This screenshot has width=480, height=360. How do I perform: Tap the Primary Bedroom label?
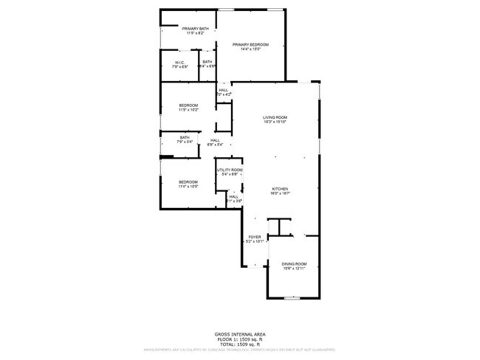point(250,45)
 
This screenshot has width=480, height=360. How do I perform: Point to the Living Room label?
point(275,117)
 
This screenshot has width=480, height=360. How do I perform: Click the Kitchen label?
point(279,188)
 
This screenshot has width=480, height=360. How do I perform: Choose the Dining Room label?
point(294,264)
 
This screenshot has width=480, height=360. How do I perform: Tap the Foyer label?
point(254,238)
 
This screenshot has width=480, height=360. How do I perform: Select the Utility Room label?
point(230,170)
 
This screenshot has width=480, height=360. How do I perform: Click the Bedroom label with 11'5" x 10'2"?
point(188,105)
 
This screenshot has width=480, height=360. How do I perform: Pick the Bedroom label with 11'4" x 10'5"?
point(188,181)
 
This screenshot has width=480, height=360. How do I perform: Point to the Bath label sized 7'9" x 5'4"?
point(185,137)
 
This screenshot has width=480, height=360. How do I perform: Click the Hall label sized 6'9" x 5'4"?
point(215,140)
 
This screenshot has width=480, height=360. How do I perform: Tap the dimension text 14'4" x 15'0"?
point(250,49)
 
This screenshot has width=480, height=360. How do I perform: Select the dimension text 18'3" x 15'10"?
point(275,122)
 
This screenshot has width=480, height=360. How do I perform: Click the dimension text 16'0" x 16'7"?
point(279,193)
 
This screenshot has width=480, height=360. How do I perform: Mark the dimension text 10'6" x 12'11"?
point(294,269)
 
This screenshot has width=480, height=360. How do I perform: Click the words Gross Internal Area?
point(239,334)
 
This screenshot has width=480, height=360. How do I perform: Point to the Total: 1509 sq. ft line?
point(239,345)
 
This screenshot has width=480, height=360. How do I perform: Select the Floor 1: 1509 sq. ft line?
point(239,339)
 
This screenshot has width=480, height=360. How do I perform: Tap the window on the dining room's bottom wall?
point(293,297)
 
